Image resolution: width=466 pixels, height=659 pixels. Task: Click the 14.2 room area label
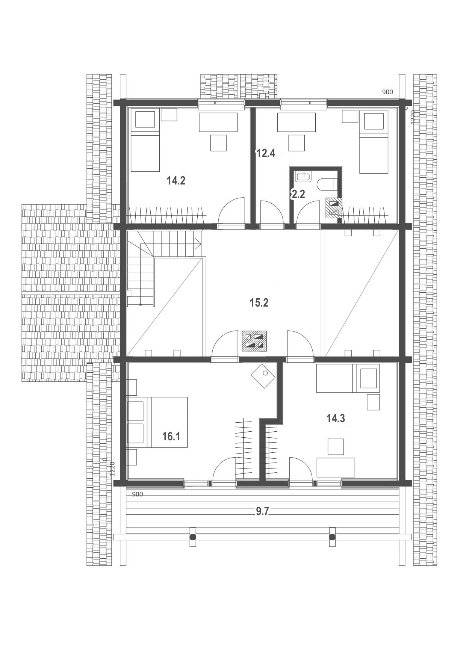coord(176,181)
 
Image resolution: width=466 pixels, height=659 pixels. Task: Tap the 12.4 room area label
coord(266,153)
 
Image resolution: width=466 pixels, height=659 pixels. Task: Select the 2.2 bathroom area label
coord(298,194)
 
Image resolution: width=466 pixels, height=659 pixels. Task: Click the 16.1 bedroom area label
coord(171,436)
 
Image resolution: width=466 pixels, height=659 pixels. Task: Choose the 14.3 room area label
coord(336,418)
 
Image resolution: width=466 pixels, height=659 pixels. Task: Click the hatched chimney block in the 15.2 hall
coord(255,340)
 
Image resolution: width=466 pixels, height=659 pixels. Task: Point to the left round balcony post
coord(192,537)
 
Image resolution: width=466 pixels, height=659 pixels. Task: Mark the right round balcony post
coord(332,537)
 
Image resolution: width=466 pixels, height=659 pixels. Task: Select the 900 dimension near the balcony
coord(138,494)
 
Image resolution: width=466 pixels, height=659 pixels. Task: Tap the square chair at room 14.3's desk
coord(336,447)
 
